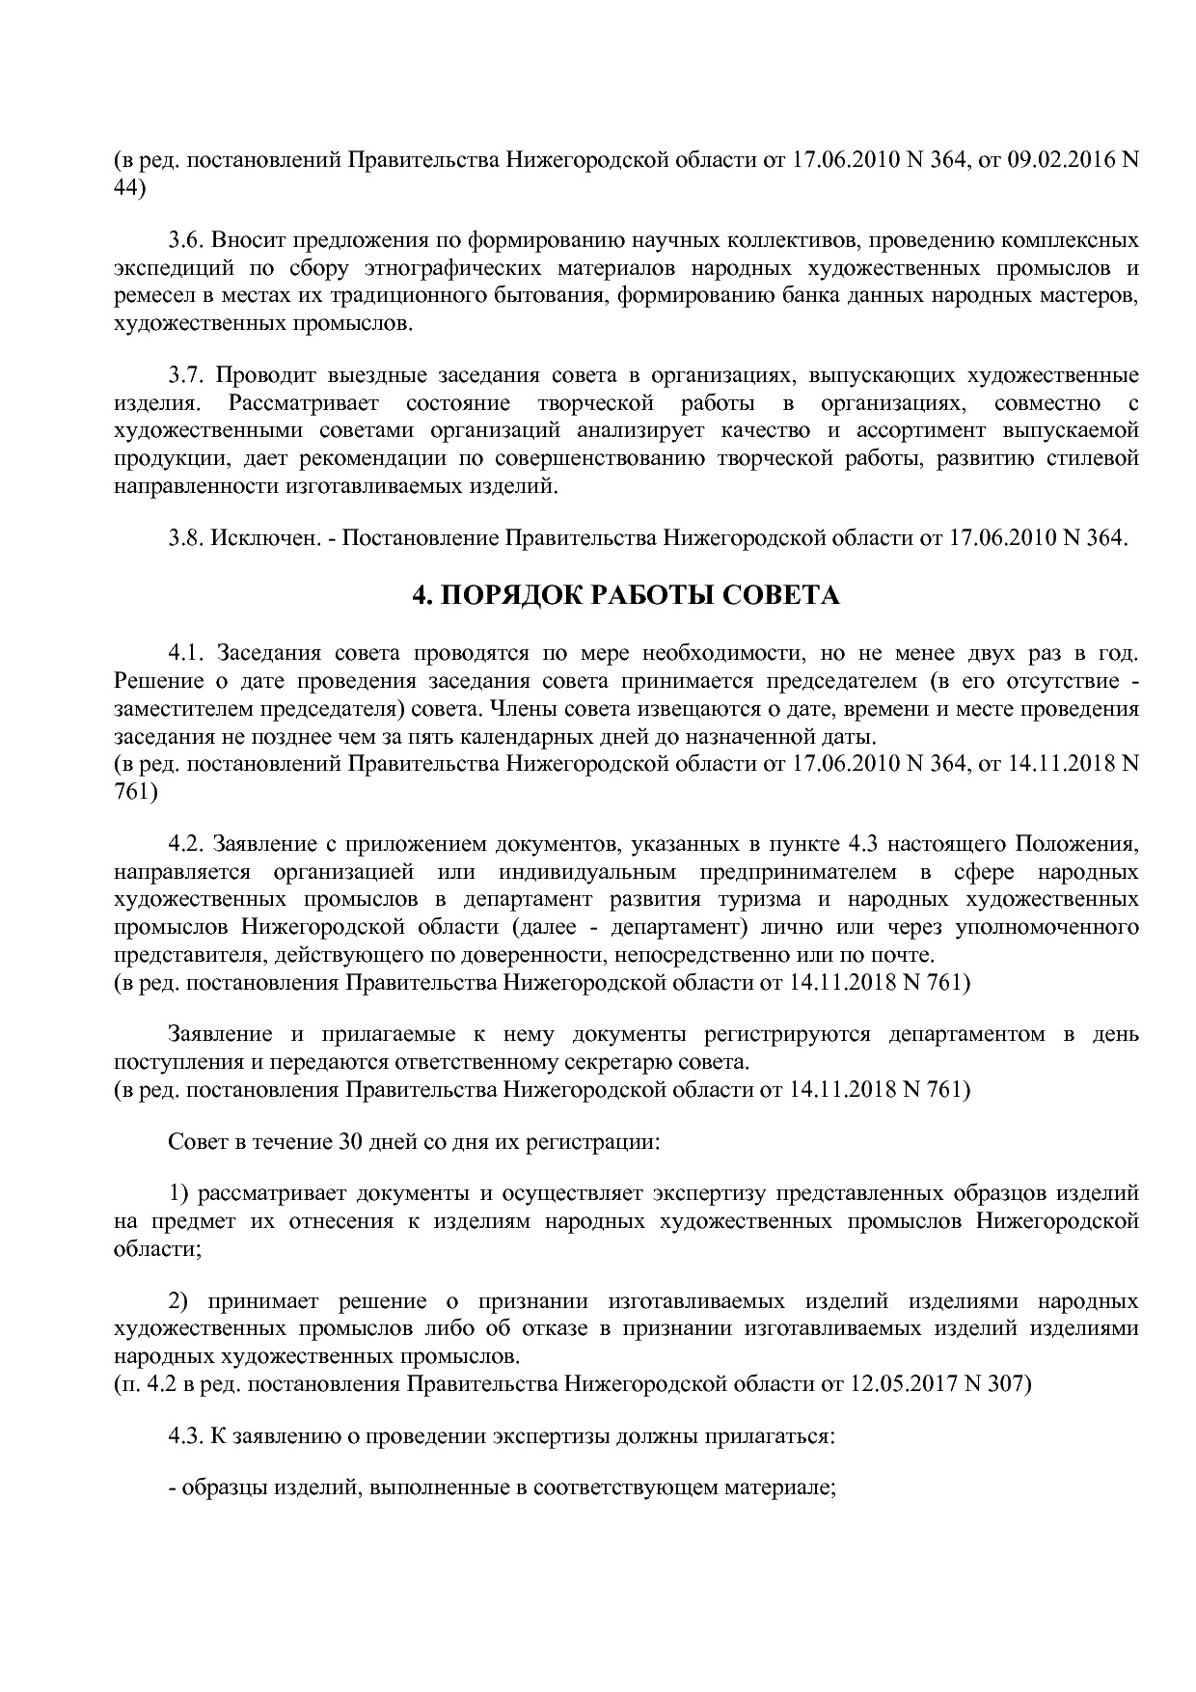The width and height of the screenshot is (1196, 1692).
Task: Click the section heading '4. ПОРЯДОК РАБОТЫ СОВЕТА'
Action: tap(626, 596)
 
